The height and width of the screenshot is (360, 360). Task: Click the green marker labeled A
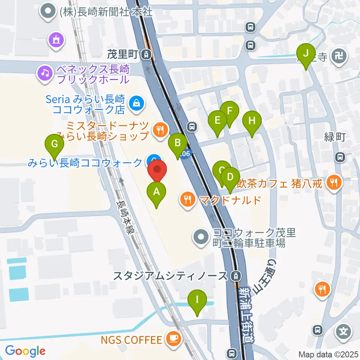pyautogui.click(x=157, y=192)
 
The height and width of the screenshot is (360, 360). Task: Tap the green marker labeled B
pyautogui.click(x=178, y=143)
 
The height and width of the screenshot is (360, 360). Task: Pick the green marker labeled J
pyautogui.click(x=306, y=54)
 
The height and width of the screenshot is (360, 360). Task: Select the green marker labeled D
pyautogui.click(x=230, y=177)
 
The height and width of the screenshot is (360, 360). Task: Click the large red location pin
pyautogui.click(x=157, y=171)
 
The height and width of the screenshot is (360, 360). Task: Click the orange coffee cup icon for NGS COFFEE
pyautogui.click(x=173, y=340)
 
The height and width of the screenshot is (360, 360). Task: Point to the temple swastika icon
pyautogui.click(x=341, y=56)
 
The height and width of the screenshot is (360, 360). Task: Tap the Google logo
pyautogui.click(x=25, y=351)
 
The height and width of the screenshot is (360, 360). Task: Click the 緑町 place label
pyautogui.click(x=334, y=137)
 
